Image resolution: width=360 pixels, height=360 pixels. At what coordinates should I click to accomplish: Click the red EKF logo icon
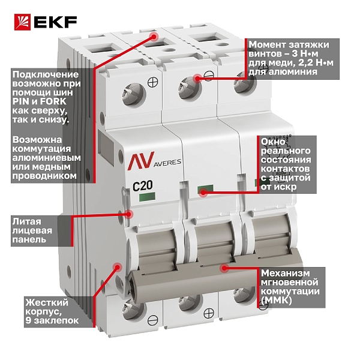coord(23,22)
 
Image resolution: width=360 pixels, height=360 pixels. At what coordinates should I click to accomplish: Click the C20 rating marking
coord(143,186)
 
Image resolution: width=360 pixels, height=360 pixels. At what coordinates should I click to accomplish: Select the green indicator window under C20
coord(147,197)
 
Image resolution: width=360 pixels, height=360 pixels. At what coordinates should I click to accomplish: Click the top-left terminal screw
coord(134,94)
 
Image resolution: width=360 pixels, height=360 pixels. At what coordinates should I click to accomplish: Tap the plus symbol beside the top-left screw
coord(153,82)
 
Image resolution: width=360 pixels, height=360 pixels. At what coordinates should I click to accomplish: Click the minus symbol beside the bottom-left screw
coord(153,320)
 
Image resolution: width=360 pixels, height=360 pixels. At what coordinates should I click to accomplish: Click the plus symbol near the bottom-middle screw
coord(209,313)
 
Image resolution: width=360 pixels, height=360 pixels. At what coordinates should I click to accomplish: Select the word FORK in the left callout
coord(53,101)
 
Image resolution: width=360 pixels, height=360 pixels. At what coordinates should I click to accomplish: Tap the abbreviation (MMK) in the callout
coord(277,300)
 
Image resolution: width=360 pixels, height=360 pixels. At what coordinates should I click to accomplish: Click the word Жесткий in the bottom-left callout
coord(47,302)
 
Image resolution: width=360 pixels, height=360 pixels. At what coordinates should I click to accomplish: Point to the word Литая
coord(27,221)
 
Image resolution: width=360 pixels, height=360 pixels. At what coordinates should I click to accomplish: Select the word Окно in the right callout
coord(273,142)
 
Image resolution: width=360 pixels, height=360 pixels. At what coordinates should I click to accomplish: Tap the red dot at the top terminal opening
coord(154,36)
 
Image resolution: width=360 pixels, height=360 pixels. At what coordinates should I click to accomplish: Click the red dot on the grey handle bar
coord(224,268)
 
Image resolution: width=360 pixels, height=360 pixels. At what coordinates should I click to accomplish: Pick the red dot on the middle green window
coord(203,192)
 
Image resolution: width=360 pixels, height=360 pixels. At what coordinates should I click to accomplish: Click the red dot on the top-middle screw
coord(197,79)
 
